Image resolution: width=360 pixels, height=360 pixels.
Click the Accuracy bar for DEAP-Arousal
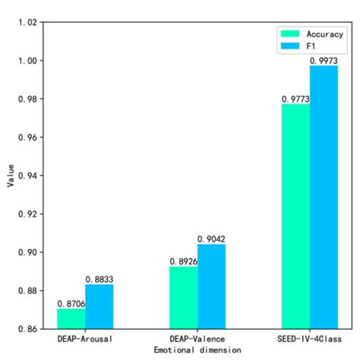coord(71,319)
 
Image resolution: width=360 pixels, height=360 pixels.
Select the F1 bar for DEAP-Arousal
coord(99,307)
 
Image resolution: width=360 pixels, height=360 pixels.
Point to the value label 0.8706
coord(71,303)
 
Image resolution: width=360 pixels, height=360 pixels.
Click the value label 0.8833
coord(99,279)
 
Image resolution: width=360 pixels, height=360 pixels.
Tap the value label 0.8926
coord(184,261)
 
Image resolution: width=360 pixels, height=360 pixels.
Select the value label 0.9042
coord(212,239)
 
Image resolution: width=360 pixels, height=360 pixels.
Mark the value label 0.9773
coord(295,98)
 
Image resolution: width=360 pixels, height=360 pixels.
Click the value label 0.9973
coord(324,60)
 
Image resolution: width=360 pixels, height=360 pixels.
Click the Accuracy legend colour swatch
coord(292,34)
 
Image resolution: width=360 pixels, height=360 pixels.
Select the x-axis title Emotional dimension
coord(197,350)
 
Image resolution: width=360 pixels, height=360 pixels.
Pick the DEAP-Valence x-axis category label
coord(197,339)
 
